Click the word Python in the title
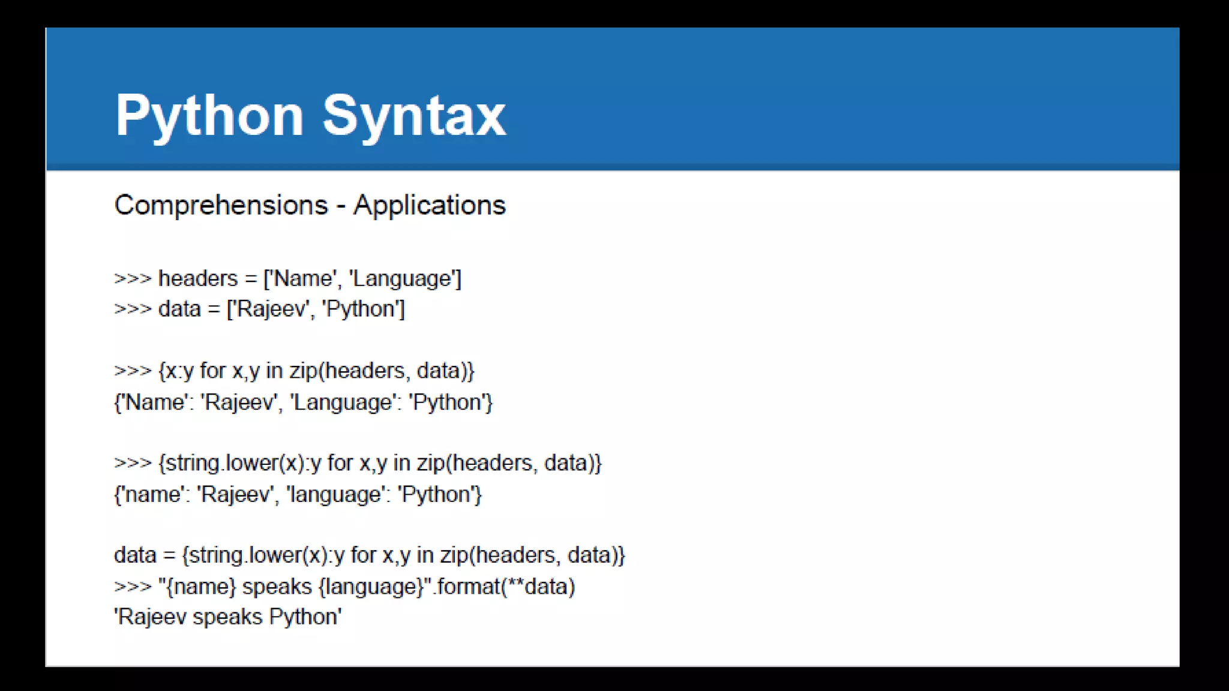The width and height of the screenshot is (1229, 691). pyautogui.click(x=209, y=116)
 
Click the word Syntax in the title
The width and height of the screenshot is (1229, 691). pyautogui.click(x=414, y=116)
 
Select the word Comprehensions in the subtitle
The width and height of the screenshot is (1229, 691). pyautogui.click(x=221, y=205)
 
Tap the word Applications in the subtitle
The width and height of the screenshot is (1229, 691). pyautogui.click(x=429, y=205)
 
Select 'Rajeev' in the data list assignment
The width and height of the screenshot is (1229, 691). pyautogui.click(x=272, y=310)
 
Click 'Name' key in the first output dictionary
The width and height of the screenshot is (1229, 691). pyautogui.click(x=154, y=402)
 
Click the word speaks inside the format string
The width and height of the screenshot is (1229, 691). pyautogui.click(x=277, y=587)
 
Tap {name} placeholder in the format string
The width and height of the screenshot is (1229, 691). pyautogui.click(x=200, y=587)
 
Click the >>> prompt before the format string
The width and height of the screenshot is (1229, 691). pyautogui.click(x=133, y=587)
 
